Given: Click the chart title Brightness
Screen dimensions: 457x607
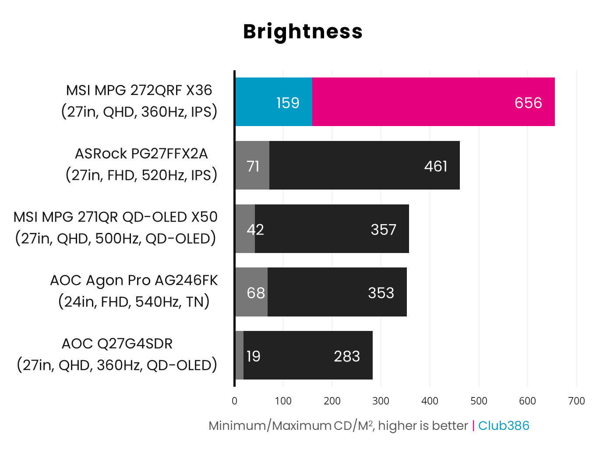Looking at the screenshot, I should [303, 32].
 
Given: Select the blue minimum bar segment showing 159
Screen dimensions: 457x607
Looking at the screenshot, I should [274, 102].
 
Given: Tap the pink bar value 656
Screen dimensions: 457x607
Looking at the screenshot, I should [528, 103].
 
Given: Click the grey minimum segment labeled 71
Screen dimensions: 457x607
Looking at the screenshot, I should [252, 166].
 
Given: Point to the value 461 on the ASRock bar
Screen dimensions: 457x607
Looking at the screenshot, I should [435, 166].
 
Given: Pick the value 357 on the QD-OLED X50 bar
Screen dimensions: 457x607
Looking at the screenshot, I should [383, 229].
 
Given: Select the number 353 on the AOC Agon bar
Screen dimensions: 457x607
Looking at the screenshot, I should [381, 293].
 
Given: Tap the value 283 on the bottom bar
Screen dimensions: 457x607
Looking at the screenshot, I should [346, 356].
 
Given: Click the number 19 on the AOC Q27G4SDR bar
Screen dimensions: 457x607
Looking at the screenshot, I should [253, 356].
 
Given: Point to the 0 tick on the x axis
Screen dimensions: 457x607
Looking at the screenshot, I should [234, 401].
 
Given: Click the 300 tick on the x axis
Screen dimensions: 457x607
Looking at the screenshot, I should [381, 401].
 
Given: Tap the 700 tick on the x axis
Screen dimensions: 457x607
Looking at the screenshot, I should [576, 401].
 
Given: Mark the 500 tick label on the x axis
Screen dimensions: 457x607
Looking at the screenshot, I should [478, 401].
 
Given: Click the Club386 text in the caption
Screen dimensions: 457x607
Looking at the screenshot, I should [503, 425].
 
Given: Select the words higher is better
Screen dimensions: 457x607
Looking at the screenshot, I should [423, 425].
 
